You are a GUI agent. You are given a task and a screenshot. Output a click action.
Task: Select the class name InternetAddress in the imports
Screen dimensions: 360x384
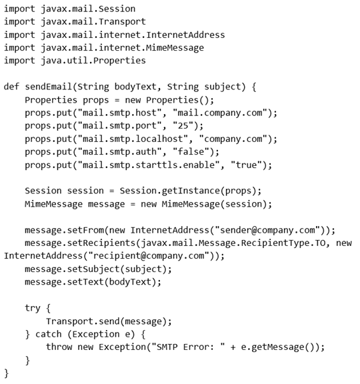pos(185,35)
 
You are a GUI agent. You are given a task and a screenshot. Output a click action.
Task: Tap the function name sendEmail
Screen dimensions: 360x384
pos(49,87)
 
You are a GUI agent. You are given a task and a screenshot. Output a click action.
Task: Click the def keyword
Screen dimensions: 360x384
pos(11,87)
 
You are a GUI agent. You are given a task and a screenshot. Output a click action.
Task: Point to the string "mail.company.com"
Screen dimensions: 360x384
pos(220,113)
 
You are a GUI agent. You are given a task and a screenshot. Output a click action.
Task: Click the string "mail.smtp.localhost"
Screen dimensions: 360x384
pos(133,139)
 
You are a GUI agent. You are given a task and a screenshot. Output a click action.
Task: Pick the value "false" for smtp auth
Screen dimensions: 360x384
pos(191,152)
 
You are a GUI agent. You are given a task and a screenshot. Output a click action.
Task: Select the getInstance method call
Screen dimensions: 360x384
pos(191,191)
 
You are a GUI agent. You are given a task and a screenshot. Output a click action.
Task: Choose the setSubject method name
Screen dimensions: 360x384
pos(93,269)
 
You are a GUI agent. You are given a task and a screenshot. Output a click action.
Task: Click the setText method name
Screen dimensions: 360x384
pos(85,282)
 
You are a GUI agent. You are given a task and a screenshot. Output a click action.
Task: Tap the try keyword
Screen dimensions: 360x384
pos(33,308)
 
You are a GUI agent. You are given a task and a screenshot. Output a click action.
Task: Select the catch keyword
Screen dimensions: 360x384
pos(49,334)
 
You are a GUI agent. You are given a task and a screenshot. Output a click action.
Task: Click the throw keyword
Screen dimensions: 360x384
pos(59,347)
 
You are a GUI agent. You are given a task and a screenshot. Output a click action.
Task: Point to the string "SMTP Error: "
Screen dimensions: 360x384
pos(188,347)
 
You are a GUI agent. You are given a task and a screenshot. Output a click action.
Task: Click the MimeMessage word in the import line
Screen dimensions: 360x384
pos(175,47)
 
